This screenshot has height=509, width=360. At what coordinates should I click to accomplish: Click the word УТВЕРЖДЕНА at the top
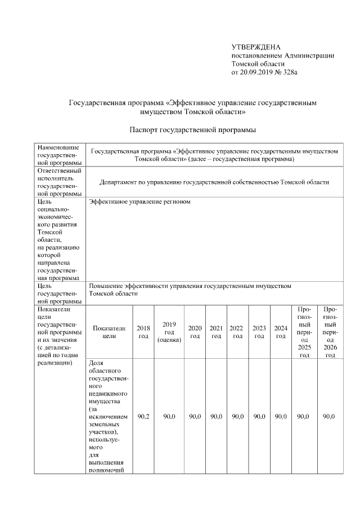[256, 47]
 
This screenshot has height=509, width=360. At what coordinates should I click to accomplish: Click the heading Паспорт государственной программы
[193, 130]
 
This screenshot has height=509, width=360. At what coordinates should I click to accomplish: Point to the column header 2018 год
[143, 332]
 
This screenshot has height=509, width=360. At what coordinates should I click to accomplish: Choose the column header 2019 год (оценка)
[169, 332]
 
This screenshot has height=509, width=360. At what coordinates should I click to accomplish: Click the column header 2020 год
[195, 332]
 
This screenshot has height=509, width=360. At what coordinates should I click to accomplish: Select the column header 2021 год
[216, 332]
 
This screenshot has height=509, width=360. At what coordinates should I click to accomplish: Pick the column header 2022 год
[237, 332]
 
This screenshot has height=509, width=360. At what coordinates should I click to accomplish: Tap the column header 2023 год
[259, 332]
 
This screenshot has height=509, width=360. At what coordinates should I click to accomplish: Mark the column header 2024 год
[281, 332]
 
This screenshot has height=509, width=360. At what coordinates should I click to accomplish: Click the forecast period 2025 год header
[304, 332]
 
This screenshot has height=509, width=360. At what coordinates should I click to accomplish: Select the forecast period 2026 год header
[330, 332]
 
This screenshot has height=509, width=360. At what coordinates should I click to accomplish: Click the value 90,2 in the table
[143, 416]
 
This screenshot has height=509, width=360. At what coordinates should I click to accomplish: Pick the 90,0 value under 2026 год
[330, 416]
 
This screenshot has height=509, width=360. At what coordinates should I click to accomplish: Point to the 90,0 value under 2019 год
[169, 416]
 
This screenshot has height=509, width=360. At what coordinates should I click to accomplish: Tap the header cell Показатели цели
[109, 332]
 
